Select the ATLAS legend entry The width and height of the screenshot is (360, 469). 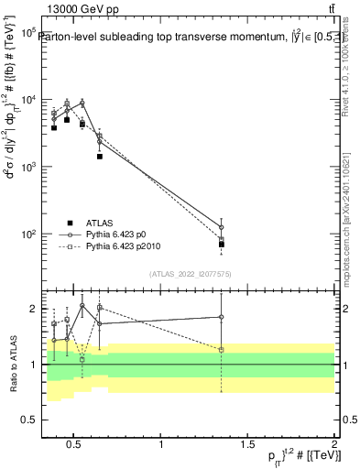coord(100,223)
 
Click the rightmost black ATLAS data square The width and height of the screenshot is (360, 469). coord(222,245)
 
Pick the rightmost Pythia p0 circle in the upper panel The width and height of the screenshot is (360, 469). coord(222,227)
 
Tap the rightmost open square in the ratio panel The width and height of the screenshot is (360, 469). coord(222,349)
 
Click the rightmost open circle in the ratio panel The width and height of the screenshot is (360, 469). coord(222,317)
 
